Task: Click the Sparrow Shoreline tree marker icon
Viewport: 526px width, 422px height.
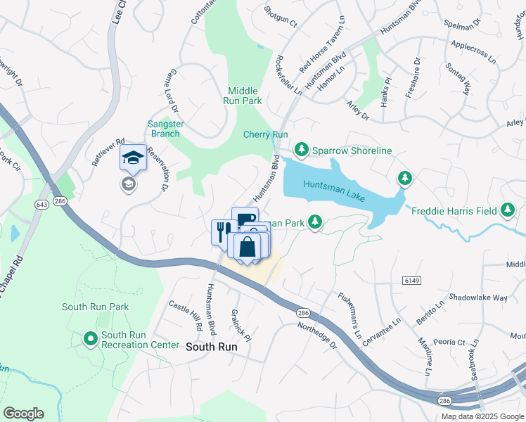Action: pos(302,149)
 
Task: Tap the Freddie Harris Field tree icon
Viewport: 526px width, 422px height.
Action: pos(508,210)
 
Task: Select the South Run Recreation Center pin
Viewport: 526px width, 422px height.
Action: pos(90,339)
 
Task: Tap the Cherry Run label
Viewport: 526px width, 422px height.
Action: pos(266,134)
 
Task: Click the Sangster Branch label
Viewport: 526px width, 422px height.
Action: pos(165,129)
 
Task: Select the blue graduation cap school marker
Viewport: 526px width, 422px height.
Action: pos(132,158)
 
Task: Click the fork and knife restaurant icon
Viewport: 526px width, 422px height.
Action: pos(222,231)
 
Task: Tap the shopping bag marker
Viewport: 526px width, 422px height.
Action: pos(248,247)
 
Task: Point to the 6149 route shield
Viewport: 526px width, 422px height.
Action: pos(411,280)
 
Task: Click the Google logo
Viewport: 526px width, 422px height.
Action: pos(23,414)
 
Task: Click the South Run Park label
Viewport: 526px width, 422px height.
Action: pos(95,307)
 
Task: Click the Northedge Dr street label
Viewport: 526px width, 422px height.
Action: pos(316,334)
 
